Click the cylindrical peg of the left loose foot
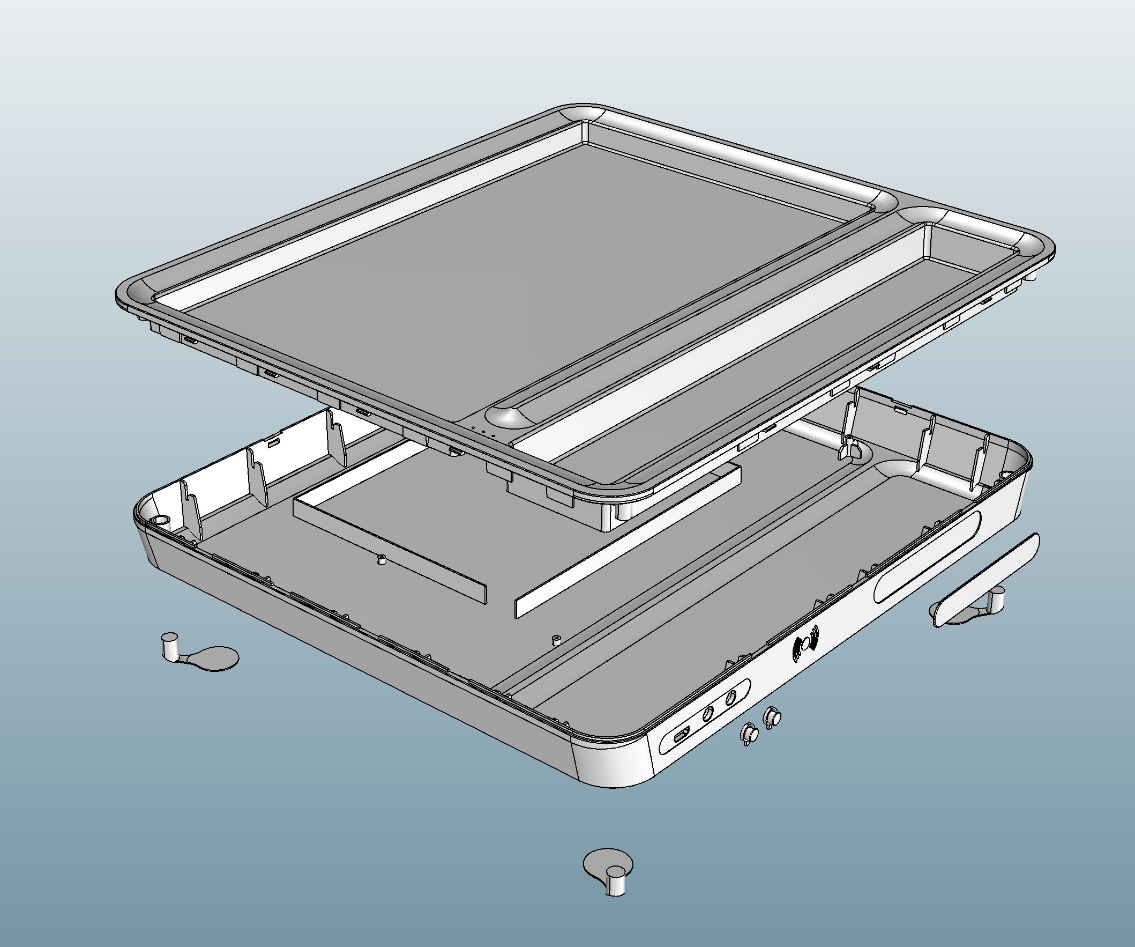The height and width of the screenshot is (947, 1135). click(x=170, y=646)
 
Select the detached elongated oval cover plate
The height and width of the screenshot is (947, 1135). click(x=985, y=580)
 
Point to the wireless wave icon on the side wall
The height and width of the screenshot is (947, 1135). click(x=806, y=645)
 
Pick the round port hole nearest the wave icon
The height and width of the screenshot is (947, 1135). click(x=731, y=698)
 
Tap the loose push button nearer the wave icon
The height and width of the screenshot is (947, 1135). click(x=772, y=718)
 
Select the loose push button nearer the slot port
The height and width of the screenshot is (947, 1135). click(x=750, y=735)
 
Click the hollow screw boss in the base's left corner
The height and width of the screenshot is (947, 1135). click(x=161, y=520)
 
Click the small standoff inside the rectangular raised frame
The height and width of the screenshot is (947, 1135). click(x=382, y=560)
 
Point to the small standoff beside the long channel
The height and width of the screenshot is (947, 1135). click(x=555, y=640)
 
